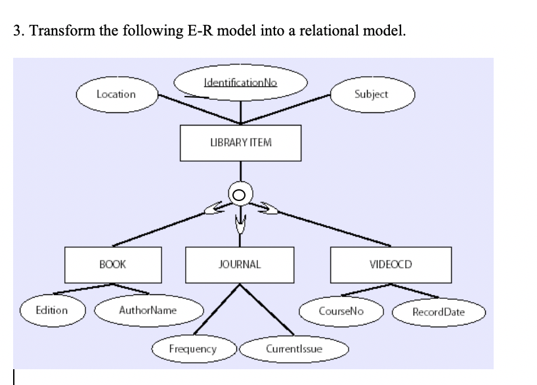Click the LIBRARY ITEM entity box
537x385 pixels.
(240, 143)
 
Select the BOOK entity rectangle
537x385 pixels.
(112, 264)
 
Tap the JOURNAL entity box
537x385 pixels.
(240, 264)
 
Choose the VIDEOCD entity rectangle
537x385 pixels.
(391, 264)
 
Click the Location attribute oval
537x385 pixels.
(116, 94)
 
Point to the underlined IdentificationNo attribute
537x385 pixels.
(241, 83)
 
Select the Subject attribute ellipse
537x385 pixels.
(371, 94)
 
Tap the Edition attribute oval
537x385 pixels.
(51, 310)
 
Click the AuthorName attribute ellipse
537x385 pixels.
(148, 310)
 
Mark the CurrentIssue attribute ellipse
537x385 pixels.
(293, 348)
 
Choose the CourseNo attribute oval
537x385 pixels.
(341, 310)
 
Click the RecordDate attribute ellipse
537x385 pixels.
(438, 311)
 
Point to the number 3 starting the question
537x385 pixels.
(16, 31)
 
